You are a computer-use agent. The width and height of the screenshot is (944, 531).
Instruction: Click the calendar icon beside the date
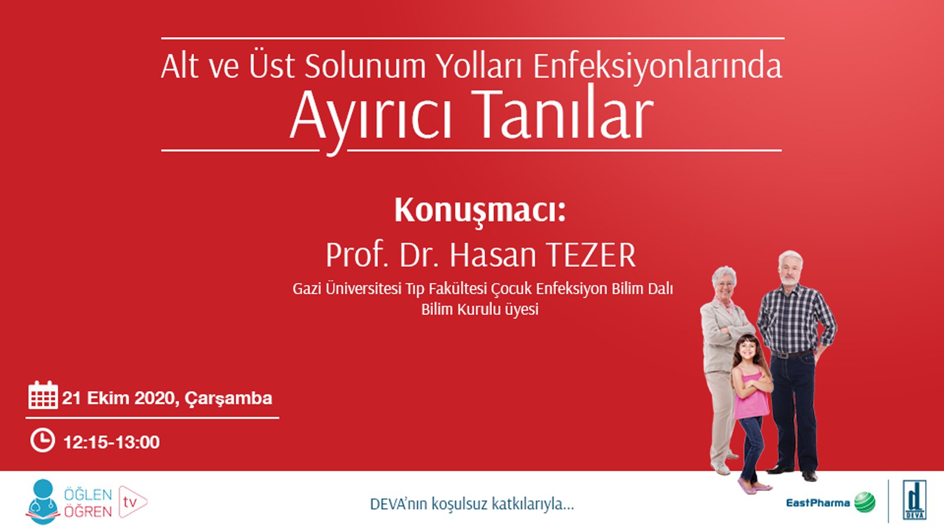coord(42,395)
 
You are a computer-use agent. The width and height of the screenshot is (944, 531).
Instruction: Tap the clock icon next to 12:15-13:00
coord(42,440)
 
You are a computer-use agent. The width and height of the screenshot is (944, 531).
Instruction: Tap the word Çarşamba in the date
coord(228,399)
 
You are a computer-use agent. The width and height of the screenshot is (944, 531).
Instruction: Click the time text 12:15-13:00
coord(112,442)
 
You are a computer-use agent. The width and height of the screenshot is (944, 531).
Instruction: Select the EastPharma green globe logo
coord(865,503)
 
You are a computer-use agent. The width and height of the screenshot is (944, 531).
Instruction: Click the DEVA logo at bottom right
coord(914,500)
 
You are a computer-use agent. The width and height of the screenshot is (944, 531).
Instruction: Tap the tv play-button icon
coord(132,502)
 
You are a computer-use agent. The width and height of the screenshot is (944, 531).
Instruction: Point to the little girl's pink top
coord(751,398)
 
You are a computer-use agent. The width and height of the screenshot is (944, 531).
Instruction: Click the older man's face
coord(790,270)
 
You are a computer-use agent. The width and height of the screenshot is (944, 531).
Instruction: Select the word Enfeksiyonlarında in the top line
coord(657,66)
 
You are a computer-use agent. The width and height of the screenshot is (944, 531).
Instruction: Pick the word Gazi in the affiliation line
coord(307,289)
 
